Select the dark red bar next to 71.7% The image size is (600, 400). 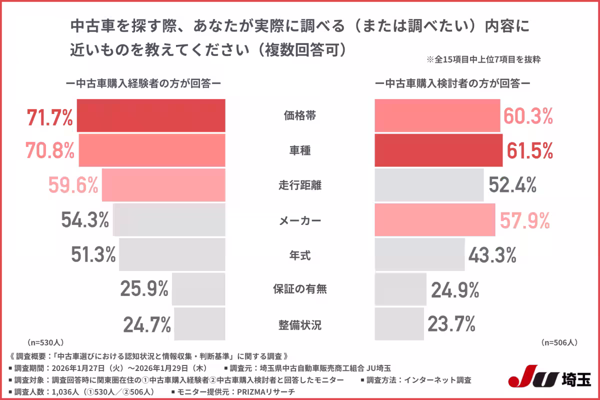pyautogui.click(x=152, y=115)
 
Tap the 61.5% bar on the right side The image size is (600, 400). pyautogui.click(x=438, y=150)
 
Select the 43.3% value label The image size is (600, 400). pyautogui.click(x=492, y=255)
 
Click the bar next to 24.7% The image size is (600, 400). pyautogui.click(x=199, y=324)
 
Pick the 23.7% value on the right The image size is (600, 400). pyautogui.click(x=451, y=324)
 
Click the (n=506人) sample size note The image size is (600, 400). pyautogui.click(x=559, y=342)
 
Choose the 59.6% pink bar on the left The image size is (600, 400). pyautogui.click(x=163, y=185)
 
